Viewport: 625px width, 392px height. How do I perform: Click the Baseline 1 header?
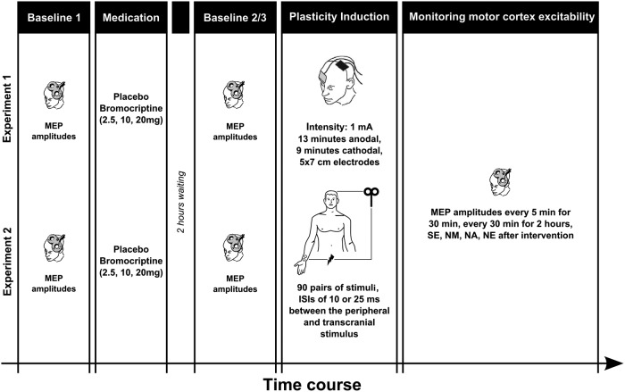[54, 17]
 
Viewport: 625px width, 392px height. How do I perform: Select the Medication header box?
[133, 17]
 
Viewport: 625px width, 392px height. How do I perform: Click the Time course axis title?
[312, 382]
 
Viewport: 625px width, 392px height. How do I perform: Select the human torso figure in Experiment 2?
[330, 228]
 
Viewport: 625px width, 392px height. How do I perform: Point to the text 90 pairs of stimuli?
[338, 285]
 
